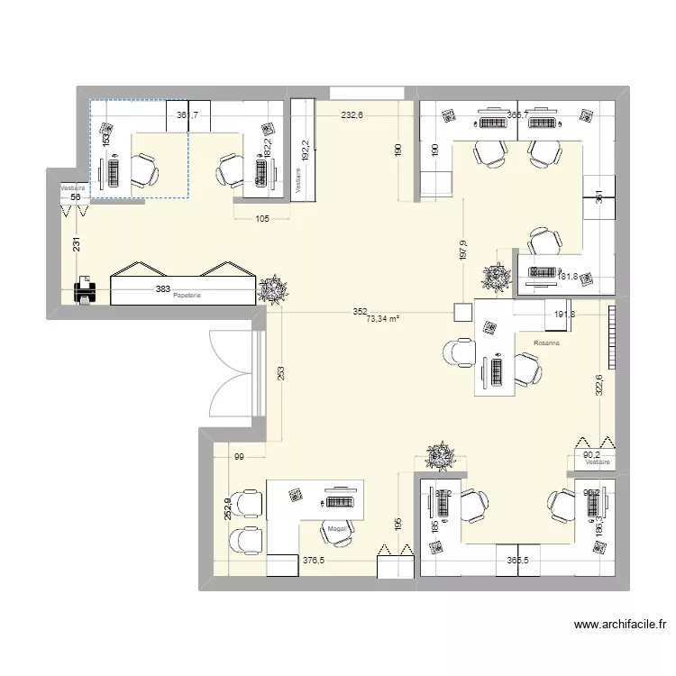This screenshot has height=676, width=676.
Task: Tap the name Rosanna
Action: pos(546,343)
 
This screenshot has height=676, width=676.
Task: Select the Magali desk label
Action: pos(338,529)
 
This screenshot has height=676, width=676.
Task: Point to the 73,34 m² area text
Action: pos(383,318)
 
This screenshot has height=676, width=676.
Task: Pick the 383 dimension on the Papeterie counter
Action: pos(162,288)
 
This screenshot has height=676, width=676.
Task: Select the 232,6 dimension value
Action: pos(352,115)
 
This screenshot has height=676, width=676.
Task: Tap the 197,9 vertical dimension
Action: pos(462,250)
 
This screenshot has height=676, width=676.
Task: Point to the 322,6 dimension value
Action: pos(598,387)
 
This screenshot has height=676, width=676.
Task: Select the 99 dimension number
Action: pos(239,458)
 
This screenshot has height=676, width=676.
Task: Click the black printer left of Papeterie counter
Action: pos(84,291)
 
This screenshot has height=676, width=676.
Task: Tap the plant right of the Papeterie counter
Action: pos(270,289)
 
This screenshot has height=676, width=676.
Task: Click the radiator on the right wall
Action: pos(613,338)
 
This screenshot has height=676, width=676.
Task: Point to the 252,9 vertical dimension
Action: pos(229,509)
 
